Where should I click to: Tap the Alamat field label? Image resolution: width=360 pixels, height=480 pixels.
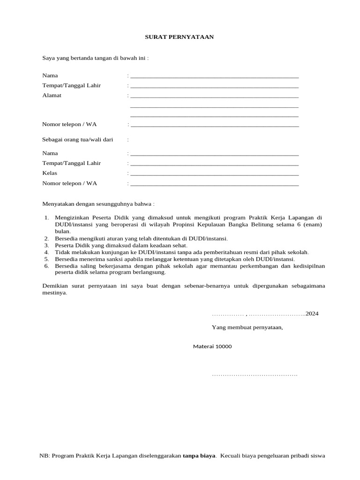pyautogui.click(x=52, y=96)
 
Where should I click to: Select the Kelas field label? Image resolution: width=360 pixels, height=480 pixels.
pyautogui.click(x=50, y=173)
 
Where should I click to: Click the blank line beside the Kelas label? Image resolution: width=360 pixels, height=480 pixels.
pyautogui.click(x=214, y=175)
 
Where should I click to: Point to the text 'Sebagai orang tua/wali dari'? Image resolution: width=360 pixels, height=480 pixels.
pyautogui.click(x=77, y=140)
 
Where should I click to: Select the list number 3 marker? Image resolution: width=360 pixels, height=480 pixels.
pyautogui.click(x=46, y=245)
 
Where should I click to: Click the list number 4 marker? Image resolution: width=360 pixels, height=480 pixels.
pyautogui.click(x=46, y=252)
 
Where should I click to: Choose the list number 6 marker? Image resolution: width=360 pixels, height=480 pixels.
pyautogui.click(x=46, y=266)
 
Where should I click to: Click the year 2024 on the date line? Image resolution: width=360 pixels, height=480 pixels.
pyautogui.click(x=312, y=314)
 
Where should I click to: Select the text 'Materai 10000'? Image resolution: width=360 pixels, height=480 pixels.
pyautogui.click(x=212, y=346)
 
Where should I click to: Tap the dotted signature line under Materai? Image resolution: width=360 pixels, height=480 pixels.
pyautogui.click(x=255, y=375)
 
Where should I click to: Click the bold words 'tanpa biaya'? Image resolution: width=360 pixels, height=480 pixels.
pyautogui.click(x=199, y=456)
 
